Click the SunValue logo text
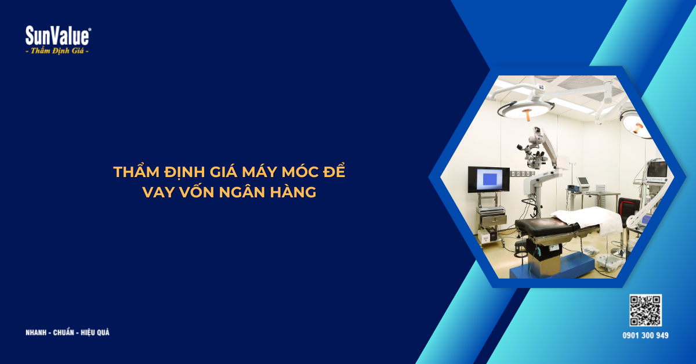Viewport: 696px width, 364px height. [x=57, y=36]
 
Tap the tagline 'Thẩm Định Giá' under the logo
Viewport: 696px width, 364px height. [x=57, y=51]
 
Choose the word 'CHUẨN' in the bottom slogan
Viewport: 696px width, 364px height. [x=64, y=333]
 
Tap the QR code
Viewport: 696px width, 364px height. [x=646, y=311]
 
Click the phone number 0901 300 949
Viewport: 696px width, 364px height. [x=646, y=336]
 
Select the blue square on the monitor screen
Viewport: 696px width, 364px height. [x=489, y=179]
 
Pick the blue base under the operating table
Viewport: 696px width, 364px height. [x=551, y=266]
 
